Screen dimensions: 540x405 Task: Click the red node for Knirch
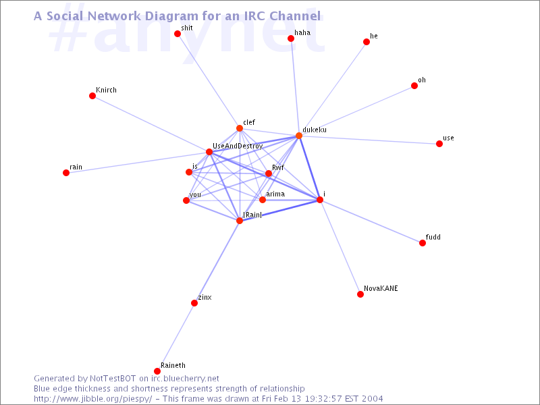(x=92, y=96)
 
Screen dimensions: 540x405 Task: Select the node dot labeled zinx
(x=194, y=303)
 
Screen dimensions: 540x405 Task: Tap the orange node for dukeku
(x=299, y=136)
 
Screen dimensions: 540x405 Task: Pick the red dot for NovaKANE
(x=360, y=294)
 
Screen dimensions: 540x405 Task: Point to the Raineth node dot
(x=157, y=371)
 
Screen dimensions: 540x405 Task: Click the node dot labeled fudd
(x=423, y=243)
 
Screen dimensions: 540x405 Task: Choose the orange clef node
(x=240, y=128)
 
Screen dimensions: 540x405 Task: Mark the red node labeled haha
(x=291, y=38)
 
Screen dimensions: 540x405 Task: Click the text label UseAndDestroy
(x=238, y=146)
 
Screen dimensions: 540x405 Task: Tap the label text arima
(x=275, y=194)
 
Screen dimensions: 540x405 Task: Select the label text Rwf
(x=278, y=167)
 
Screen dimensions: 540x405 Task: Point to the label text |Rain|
(x=252, y=215)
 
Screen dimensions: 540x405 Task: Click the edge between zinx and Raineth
(x=175, y=337)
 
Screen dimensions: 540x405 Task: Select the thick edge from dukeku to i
(x=309, y=167)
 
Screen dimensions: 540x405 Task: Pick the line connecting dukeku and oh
(x=356, y=111)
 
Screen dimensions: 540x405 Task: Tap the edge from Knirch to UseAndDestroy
(x=151, y=124)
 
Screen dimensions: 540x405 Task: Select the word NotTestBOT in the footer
(x=113, y=379)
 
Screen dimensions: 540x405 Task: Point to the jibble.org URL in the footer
(x=93, y=399)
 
